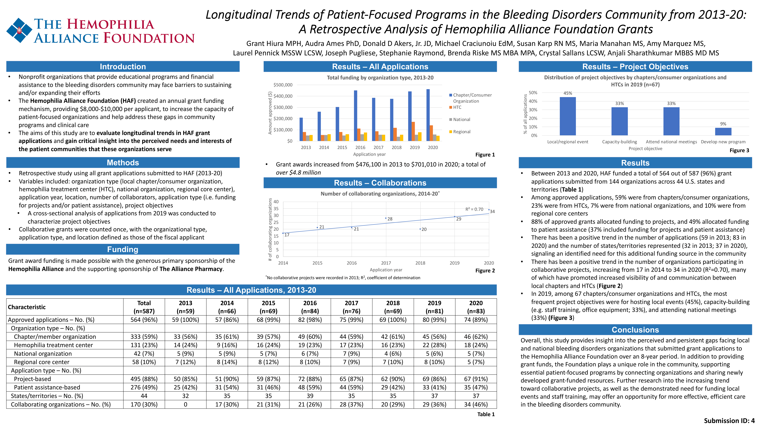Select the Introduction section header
(123, 66)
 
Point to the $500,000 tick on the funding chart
(283, 85)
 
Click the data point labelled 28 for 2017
(386, 218)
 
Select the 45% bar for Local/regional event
(568, 116)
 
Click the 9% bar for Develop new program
(723, 131)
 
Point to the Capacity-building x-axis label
(620, 142)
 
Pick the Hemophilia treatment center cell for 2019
(435, 345)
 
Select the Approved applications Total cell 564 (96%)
(144, 320)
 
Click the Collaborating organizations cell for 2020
(476, 404)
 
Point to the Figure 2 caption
(485, 271)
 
